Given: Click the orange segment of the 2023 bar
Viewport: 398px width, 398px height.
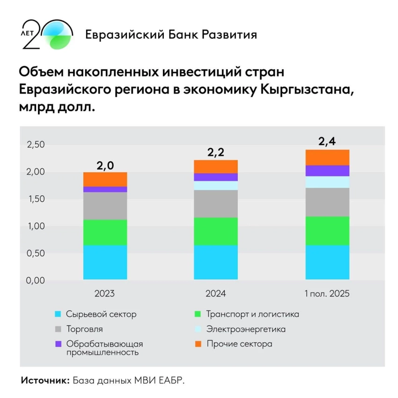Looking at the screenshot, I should pyautogui.click(x=105, y=179).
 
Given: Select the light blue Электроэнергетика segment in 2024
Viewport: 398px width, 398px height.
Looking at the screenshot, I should pyautogui.click(x=216, y=185).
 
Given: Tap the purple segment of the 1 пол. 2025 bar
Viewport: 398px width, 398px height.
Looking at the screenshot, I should pyautogui.click(x=327, y=170).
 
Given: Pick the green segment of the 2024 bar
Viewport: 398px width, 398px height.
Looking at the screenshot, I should pyautogui.click(x=216, y=231).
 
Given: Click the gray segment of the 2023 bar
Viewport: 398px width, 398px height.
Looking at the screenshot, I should pyautogui.click(x=105, y=206).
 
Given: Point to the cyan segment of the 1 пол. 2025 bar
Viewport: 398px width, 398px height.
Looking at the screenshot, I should pyautogui.click(x=327, y=262).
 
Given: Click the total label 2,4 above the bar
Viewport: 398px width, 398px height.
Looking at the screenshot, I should pyautogui.click(x=327, y=141).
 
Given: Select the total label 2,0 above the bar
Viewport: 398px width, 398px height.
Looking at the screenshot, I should pyautogui.click(x=105, y=164).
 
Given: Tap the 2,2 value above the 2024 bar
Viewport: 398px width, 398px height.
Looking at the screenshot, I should pyautogui.click(x=216, y=152).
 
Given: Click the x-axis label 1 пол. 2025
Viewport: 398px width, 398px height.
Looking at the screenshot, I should pyautogui.click(x=327, y=294).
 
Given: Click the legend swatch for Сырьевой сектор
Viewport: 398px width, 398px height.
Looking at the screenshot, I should pyautogui.click(x=59, y=314).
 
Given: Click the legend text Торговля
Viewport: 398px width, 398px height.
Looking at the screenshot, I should pyautogui.click(x=84, y=329).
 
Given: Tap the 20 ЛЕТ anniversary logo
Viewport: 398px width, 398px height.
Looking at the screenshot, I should pyautogui.click(x=47, y=35).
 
